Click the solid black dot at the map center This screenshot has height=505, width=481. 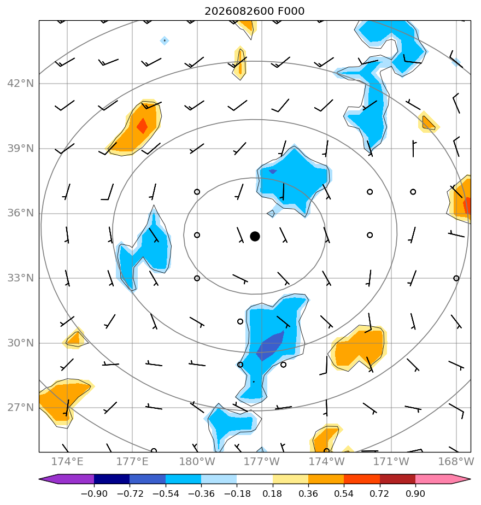point(255,237)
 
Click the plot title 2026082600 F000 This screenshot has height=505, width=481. point(255,11)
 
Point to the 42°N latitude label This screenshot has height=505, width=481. point(21,84)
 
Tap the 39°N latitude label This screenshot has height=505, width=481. point(21,149)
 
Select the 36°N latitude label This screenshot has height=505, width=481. point(21,213)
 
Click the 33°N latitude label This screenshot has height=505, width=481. point(21,278)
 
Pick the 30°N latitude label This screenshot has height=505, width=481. point(21,343)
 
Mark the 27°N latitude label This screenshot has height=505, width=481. point(21,407)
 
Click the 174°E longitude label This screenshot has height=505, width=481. point(67,461)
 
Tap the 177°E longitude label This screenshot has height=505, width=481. point(132,461)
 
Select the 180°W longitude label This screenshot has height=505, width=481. point(197,461)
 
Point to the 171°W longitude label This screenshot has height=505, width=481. point(391,461)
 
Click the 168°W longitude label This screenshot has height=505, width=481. point(456,461)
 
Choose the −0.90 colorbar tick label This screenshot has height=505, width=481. point(94,494)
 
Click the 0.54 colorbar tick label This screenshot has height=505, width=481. point(344,494)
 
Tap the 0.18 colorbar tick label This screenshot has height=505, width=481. point(273,494)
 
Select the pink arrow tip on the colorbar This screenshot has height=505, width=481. point(471,479)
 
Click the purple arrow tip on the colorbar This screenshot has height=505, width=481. point(39,479)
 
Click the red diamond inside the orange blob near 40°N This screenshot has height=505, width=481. point(142,126)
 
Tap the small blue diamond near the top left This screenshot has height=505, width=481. point(165,40)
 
